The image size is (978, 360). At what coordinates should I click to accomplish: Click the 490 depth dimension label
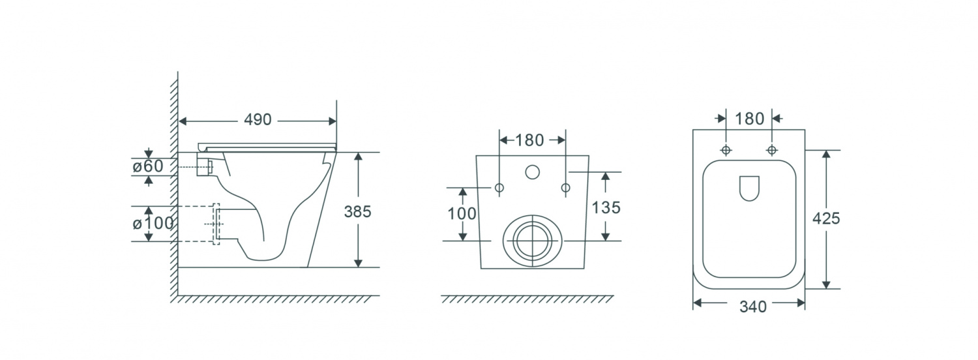(x=258, y=119)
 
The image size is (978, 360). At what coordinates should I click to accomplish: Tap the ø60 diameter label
(x=148, y=166)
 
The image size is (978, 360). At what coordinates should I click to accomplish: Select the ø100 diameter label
(x=153, y=223)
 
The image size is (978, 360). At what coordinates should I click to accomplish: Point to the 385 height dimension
(x=357, y=211)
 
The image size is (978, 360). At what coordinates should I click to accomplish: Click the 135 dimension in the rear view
(x=606, y=207)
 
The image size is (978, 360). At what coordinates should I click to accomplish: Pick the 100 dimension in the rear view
(x=462, y=214)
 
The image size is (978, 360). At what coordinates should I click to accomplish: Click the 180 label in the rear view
(x=529, y=140)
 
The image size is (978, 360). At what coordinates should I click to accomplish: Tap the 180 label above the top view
(x=750, y=119)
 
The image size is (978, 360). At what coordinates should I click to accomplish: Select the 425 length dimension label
(x=826, y=218)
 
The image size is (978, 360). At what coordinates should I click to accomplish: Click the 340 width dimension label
(x=753, y=307)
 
